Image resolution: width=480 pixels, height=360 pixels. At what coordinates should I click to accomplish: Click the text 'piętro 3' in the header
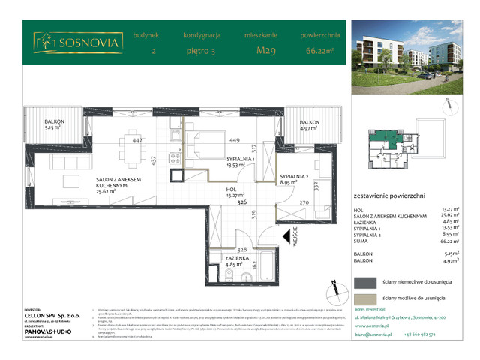pos(201,51)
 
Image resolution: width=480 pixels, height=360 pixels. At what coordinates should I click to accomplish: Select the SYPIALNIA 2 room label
pos(286,178)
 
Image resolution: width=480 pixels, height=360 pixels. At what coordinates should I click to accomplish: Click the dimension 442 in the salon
pos(138,139)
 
